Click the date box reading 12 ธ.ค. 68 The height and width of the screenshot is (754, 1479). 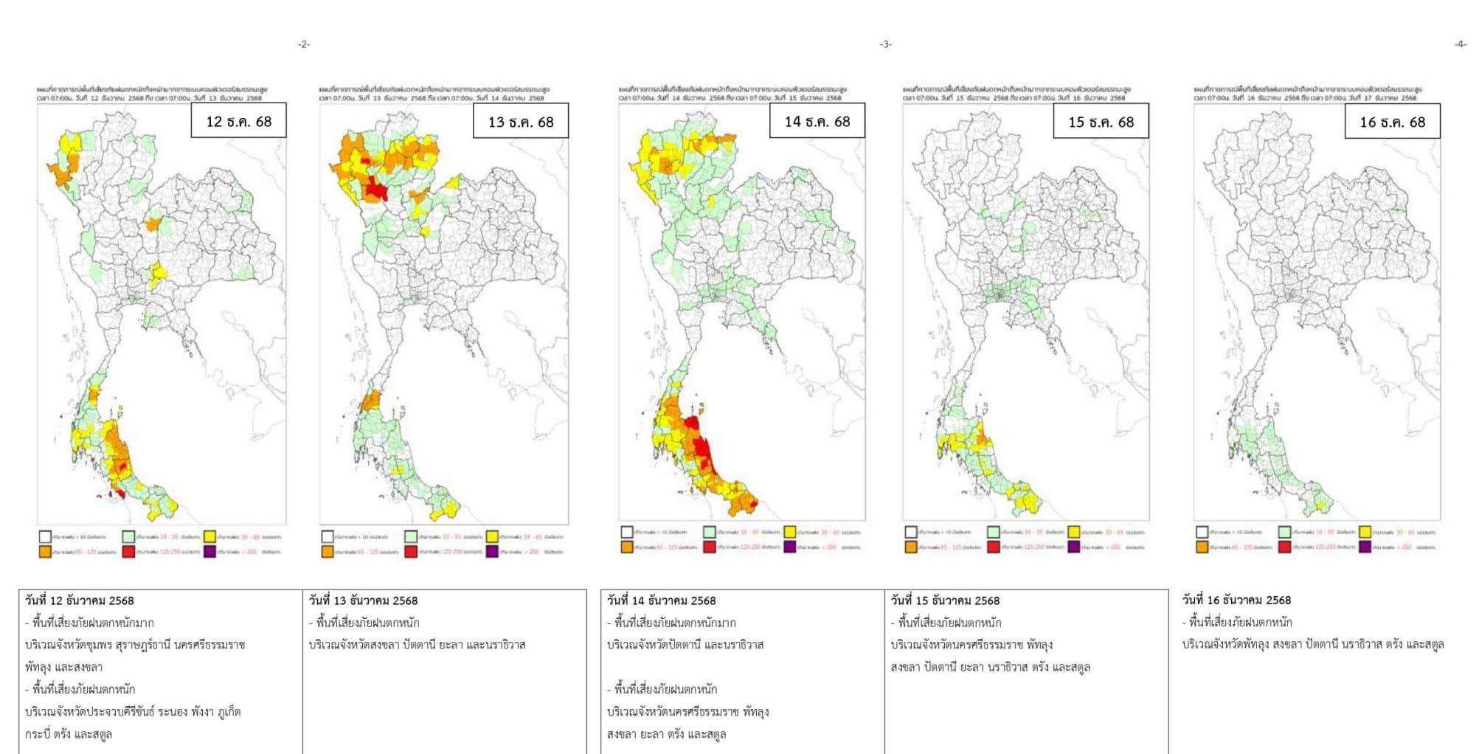click(238, 122)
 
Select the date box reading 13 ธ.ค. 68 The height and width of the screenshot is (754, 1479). click(521, 122)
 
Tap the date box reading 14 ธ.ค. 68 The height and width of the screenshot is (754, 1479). click(817, 121)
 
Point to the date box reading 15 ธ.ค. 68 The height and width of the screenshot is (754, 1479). click(1101, 122)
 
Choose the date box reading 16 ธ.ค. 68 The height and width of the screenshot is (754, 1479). click(1392, 122)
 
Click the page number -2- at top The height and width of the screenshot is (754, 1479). click(304, 44)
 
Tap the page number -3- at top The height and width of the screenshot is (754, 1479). click(885, 44)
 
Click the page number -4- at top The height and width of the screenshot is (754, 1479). click(1460, 44)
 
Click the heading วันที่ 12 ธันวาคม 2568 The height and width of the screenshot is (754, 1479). click(80, 601)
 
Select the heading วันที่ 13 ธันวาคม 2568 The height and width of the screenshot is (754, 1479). click(363, 601)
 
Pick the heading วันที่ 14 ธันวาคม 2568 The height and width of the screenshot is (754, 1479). click(661, 601)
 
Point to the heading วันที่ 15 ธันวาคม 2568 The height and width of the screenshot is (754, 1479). click(945, 601)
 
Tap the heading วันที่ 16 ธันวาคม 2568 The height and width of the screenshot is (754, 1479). click(1236, 600)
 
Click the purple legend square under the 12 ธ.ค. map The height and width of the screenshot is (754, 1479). click(210, 552)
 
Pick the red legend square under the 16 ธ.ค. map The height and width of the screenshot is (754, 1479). click(1284, 547)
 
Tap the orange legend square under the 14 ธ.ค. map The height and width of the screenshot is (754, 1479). click(627, 547)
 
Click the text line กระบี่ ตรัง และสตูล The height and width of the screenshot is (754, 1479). click(69, 734)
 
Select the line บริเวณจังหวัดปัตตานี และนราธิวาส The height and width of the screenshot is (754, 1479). click(685, 645)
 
